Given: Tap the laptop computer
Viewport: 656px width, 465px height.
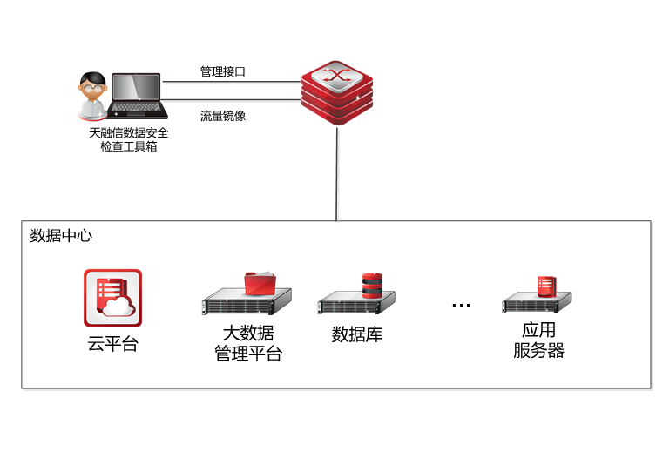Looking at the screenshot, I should pyautogui.click(x=138, y=96).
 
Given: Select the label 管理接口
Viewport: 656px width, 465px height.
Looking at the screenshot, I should pyautogui.click(x=223, y=71).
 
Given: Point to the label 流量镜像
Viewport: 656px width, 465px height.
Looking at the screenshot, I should pyautogui.click(x=223, y=115).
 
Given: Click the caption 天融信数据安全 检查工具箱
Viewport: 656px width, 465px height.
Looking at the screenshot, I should pyautogui.click(x=129, y=140).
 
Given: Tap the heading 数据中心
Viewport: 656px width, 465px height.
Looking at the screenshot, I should pyautogui.click(x=61, y=236).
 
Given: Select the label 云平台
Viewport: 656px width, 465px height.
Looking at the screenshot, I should pyautogui.click(x=112, y=343).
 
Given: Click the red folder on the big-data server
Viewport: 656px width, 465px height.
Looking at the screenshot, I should pyautogui.click(x=260, y=283).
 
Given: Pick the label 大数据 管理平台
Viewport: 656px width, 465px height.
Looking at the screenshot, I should pyautogui.click(x=248, y=344).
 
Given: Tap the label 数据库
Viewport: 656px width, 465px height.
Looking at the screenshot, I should pyautogui.click(x=357, y=334).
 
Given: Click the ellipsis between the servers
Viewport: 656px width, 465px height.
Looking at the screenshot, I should pyautogui.click(x=461, y=306).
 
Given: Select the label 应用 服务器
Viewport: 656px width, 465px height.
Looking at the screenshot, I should pyautogui.click(x=538, y=340).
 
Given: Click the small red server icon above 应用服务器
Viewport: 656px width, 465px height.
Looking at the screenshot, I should pyautogui.click(x=546, y=286).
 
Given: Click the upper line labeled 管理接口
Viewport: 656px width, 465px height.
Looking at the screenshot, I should pyautogui.click(x=231, y=83).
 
